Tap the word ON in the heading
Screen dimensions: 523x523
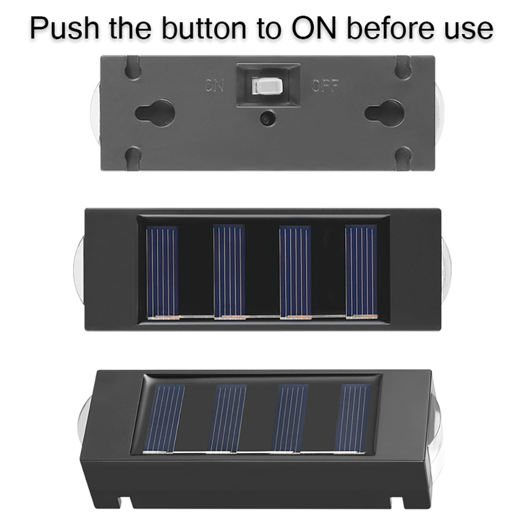313,28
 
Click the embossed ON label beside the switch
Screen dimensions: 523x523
215,85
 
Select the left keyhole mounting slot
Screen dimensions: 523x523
155,113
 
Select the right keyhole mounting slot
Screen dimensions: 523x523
384,113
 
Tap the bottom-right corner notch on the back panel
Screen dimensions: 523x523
403,158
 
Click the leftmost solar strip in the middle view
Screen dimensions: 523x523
163,272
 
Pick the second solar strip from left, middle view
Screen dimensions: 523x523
229,272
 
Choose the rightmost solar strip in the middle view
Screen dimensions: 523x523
361,272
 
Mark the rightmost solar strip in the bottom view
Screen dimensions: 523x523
352,419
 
